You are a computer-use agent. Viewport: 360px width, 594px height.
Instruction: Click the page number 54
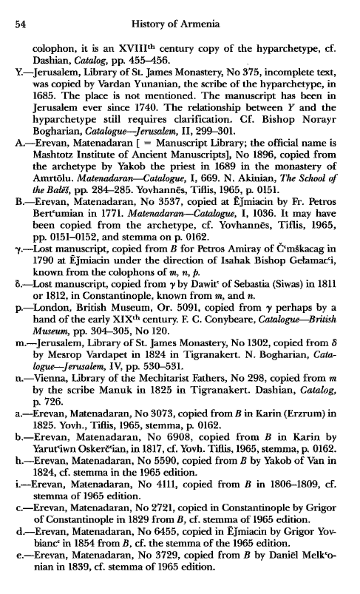click(21, 27)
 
